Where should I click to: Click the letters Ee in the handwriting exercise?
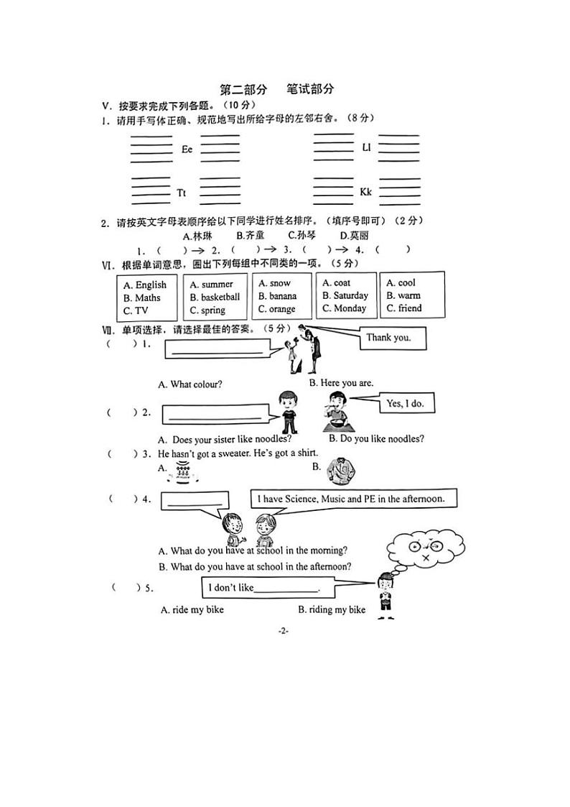pyautogui.click(x=187, y=149)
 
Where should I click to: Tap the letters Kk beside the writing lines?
pyautogui.click(x=365, y=192)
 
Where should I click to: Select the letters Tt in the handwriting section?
pyautogui.click(x=182, y=193)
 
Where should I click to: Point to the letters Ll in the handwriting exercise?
pyautogui.click(x=366, y=148)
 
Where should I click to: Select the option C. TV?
pyautogui.click(x=136, y=310)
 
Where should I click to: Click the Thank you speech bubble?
pyautogui.click(x=388, y=337)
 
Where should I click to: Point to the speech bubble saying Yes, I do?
pyautogui.click(x=405, y=404)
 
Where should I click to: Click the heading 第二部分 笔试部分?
pyautogui.click(x=277, y=90)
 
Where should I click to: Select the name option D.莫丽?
pyautogui.click(x=354, y=236)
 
